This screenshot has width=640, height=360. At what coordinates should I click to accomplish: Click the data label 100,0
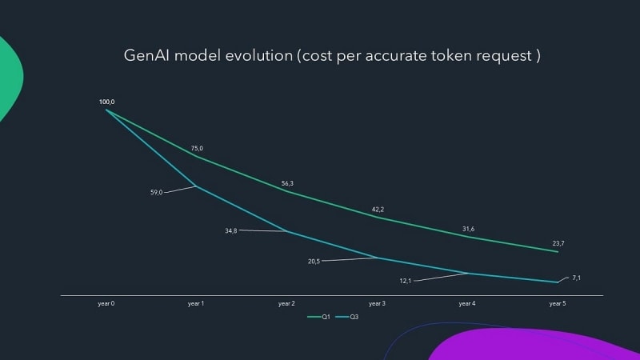click(x=106, y=102)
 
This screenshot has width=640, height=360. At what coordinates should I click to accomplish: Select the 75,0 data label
click(x=197, y=148)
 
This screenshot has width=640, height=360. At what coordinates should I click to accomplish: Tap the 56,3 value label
click(x=287, y=183)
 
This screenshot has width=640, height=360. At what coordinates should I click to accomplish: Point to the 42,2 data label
click(x=378, y=210)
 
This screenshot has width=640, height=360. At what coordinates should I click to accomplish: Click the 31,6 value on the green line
click(x=468, y=230)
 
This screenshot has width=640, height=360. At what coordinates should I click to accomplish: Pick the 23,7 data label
click(x=558, y=243)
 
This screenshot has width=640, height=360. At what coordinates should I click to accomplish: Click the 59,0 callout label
click(x=155, y=192)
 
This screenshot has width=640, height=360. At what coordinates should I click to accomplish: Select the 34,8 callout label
click(x=230, y=230)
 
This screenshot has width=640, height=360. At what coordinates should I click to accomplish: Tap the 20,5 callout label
click(x=314, y=261)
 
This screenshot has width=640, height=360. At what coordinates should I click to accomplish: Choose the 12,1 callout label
click(x=406, y=280)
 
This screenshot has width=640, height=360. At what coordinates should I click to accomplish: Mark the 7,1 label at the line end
click(x=577, y=278)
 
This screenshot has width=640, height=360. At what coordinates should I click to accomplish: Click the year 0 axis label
click(x=106, y=304)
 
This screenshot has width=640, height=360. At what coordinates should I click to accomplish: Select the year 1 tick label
click(x=196, y=304)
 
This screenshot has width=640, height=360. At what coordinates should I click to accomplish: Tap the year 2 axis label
click(x=286, y=304)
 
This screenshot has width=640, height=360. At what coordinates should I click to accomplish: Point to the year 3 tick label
click(x=377, y=304)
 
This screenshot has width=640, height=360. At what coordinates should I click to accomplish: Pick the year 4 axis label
click(x=467, y=304)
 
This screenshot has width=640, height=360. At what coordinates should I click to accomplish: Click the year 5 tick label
click(x=558, y=304)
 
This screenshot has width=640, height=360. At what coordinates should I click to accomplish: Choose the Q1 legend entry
click(x=320, y=318)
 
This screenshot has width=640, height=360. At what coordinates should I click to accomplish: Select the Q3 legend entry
click(x=348, y=318)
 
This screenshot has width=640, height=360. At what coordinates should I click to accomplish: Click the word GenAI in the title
click(x=146, y=56)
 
